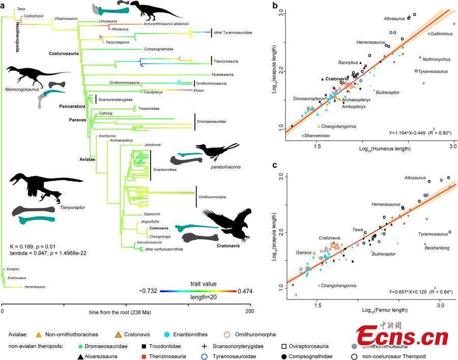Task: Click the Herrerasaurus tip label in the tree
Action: tap(34, 287)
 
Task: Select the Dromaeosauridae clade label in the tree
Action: tap(212, 122)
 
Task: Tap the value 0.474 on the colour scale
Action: tap(244, 291)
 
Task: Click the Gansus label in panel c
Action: tap(304, 252)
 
